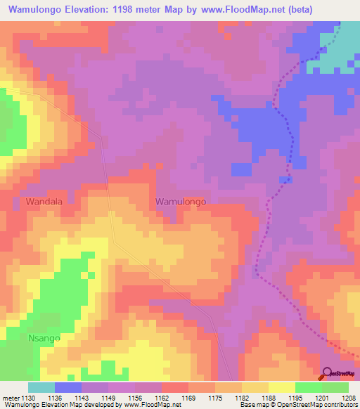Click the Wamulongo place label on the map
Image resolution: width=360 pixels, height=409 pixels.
(180, 202)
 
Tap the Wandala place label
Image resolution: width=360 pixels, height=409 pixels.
(44, 202)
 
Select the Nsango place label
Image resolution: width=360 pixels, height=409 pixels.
(25, 338)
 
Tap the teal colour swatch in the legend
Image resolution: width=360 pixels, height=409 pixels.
(41, 387)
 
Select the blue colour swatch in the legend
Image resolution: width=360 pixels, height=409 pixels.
(68, 387)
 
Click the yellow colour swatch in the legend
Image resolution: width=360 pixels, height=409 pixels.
(281, 387)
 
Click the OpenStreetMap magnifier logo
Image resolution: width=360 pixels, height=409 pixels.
(327, 373)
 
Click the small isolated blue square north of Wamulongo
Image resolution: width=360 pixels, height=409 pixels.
(241, 169)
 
